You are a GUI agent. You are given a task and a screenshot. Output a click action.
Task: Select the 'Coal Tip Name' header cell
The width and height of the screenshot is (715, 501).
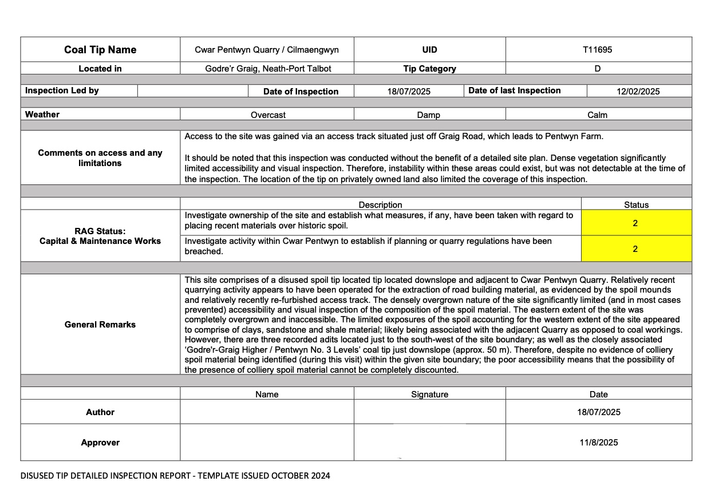pos(100,50)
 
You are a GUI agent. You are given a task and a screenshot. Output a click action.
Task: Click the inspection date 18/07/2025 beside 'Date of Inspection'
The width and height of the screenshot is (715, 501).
pos(409,92)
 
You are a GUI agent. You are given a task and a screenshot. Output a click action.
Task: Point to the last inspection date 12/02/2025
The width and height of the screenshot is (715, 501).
pos(638,92)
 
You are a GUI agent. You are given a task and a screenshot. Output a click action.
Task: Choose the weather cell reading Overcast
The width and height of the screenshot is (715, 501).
pos(268,115)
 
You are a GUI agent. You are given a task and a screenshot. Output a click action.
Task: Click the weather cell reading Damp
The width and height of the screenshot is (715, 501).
pos(428,115)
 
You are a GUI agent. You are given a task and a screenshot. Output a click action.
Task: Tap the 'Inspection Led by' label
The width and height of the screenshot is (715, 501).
pos(62,90)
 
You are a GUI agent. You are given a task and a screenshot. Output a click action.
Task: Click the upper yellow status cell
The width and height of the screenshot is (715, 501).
pos(635,223)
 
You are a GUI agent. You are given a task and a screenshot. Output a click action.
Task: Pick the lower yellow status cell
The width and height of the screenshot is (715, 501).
pos(635,249)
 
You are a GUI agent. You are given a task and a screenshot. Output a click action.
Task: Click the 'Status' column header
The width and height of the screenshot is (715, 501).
pos(636,204)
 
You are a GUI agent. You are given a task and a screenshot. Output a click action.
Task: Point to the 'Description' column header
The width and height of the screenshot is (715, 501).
pos(380,204)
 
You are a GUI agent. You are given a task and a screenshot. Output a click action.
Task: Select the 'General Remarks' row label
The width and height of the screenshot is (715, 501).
pos(100,325)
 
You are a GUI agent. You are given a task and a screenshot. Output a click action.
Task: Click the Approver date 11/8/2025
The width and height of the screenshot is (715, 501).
pos(598,442)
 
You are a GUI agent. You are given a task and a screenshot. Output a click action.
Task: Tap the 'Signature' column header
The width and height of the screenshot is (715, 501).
pos(429,394)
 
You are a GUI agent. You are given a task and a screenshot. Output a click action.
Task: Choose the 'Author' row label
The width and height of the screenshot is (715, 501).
pos(100,412)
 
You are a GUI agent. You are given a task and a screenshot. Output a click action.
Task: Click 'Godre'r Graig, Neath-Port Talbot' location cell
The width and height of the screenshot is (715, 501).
pos(268,69)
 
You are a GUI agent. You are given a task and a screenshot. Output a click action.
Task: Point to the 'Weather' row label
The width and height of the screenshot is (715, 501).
pos(42,115)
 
